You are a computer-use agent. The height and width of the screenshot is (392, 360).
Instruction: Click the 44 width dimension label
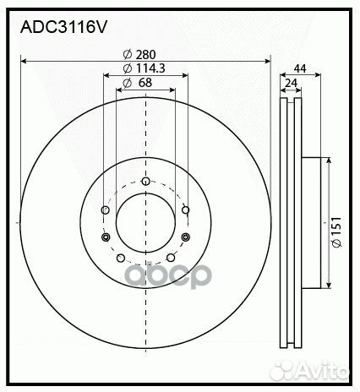pyautogui.click(x=299, y=68)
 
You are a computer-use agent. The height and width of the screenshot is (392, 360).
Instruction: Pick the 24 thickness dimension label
pyautogui.click(x=292, y=83)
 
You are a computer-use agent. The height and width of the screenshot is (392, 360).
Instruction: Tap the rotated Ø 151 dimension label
pyautogui.click(x=335, y=231)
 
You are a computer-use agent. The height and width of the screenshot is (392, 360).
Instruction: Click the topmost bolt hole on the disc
pyautogui.click(x=145, y=181)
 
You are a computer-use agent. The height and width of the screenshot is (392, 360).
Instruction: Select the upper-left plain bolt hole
pyautogui.click(x=105, y=210)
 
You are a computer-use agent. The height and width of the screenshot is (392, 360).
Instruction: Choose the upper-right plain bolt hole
pyautogui.click(x=186, y=210)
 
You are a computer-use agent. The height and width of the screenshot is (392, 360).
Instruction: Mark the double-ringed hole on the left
pyautogui.click(x=105, y=237)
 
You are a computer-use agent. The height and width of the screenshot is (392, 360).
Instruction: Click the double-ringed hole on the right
pyautogui.click(x=186, y=237)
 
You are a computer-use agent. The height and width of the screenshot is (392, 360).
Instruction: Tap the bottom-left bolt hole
pyautogui.click(x=120, y=258)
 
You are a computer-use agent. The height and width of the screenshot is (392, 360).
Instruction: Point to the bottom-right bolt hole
pyautogui.click(x=171, y=258)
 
